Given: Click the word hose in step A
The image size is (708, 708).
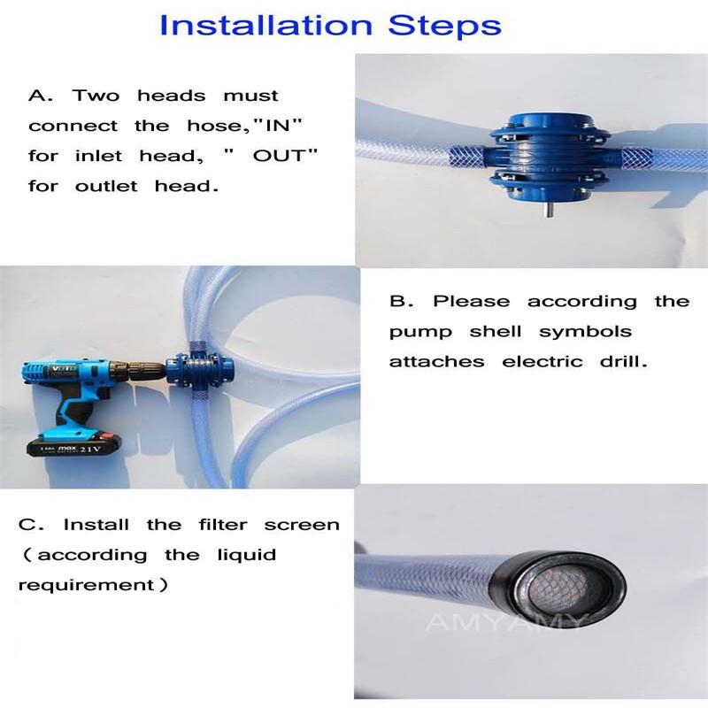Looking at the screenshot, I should pos(204,126).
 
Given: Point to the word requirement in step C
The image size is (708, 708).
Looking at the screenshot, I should pos(86,585).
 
